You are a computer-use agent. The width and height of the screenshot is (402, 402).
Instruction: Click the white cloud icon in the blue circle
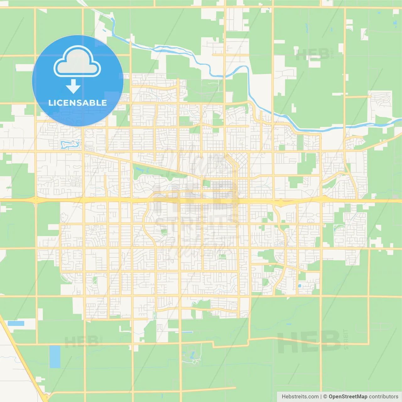[77, 62]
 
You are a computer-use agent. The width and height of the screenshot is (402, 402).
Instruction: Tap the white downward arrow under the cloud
[73, 86]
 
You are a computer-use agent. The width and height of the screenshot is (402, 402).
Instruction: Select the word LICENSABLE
[78, 103]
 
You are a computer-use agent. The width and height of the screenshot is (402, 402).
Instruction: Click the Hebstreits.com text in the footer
[300, 397]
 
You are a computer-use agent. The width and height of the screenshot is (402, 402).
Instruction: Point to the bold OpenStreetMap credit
[348, 397]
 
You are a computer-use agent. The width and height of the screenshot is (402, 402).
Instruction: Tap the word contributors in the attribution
[383, 397]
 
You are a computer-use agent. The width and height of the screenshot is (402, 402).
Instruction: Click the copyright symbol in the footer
[325, 397]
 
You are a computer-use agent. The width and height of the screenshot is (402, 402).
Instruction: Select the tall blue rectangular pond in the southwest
[55, 356]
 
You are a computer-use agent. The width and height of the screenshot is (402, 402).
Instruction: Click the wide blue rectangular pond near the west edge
[16, 323]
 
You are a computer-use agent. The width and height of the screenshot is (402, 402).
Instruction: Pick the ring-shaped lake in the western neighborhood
[69, 144]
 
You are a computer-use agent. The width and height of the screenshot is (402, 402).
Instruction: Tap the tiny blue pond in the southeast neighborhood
[299, 286]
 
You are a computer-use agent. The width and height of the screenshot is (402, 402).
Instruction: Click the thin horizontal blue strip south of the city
[187, 332]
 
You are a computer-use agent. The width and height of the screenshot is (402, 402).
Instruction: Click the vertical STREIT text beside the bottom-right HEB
[346, 339]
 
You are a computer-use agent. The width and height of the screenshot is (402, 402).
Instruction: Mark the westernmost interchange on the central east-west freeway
[35, 200]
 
